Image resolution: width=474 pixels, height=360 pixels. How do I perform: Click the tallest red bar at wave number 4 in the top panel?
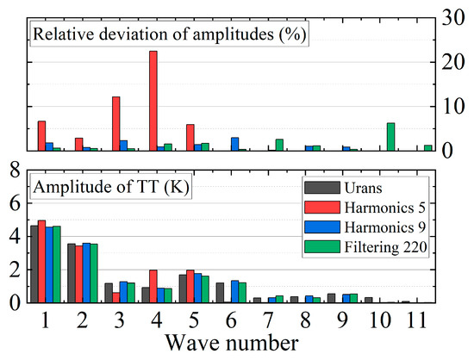[153, 101]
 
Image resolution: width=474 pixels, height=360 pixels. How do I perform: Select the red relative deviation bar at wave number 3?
[115, 124]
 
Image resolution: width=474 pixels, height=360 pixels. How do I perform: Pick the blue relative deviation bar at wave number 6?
[235, 144]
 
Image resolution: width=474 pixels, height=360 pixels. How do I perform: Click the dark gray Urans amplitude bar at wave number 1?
[34, 264]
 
